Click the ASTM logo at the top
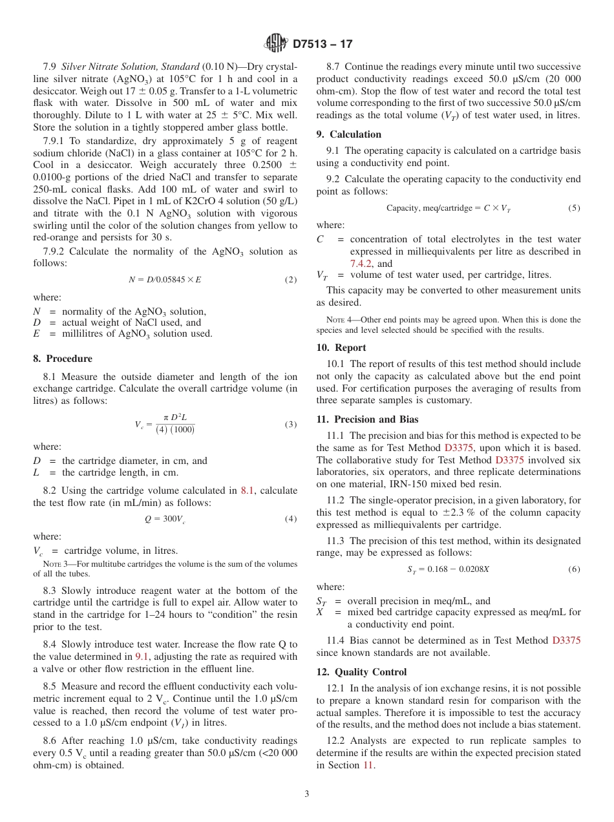[x=276, y=44]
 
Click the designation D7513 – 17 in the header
[x=323, y=45]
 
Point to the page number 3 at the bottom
[x=307, y=794]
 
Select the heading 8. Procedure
[x=63, y=359]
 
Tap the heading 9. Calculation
[x=349, y=134]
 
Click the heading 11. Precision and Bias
[x=367, y=419]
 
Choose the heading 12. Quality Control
[x=362, y=672]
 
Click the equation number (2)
[x=291, y=280]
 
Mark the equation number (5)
[x=574, y=208]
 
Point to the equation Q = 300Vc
[x=165, y=519]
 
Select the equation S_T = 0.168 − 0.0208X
[x=448, y=569]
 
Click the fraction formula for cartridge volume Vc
[x=165, y=425]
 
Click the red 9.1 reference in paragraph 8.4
[x=142, y=657]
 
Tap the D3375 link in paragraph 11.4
[x=566, y=640]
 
